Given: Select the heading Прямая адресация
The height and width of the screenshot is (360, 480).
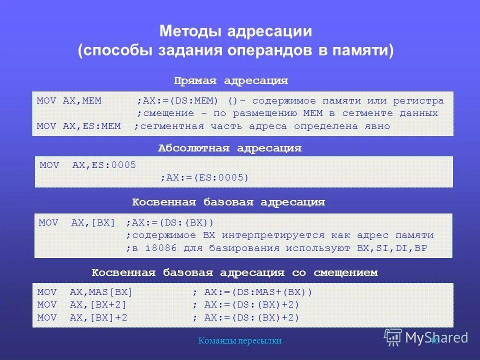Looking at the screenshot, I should (x=231, y=80).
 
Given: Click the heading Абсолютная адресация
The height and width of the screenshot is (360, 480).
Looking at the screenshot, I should (x=229, y=148).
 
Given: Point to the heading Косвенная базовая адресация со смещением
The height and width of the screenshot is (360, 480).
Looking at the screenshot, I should (x=234, y=272).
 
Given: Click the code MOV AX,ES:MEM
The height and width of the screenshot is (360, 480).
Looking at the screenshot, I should (x=79, y=126).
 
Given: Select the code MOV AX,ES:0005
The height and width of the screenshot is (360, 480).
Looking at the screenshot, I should (x=87, y=165).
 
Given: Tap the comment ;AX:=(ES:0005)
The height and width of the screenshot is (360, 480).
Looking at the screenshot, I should (x=204, y=177).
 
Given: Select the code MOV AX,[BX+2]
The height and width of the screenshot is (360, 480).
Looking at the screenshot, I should (x=82, y=304).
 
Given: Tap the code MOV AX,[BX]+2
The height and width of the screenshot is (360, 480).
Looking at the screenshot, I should (x=82, y=317).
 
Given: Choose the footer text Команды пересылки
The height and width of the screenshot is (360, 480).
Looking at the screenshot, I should (x=240, y=340).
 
